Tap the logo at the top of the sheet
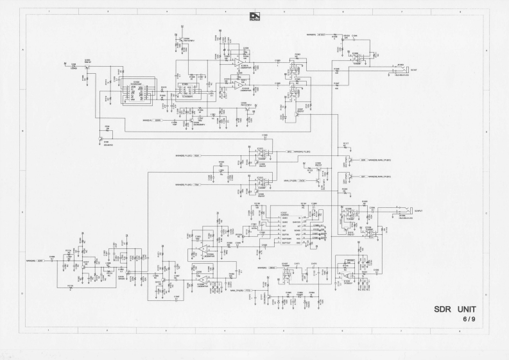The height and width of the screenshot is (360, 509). (x=254, y=15)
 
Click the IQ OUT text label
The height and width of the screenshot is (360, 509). (x=413, y=70)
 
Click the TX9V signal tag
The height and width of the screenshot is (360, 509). (x=196, y=184)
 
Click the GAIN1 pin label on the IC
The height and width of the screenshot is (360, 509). (x=284, y=218)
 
